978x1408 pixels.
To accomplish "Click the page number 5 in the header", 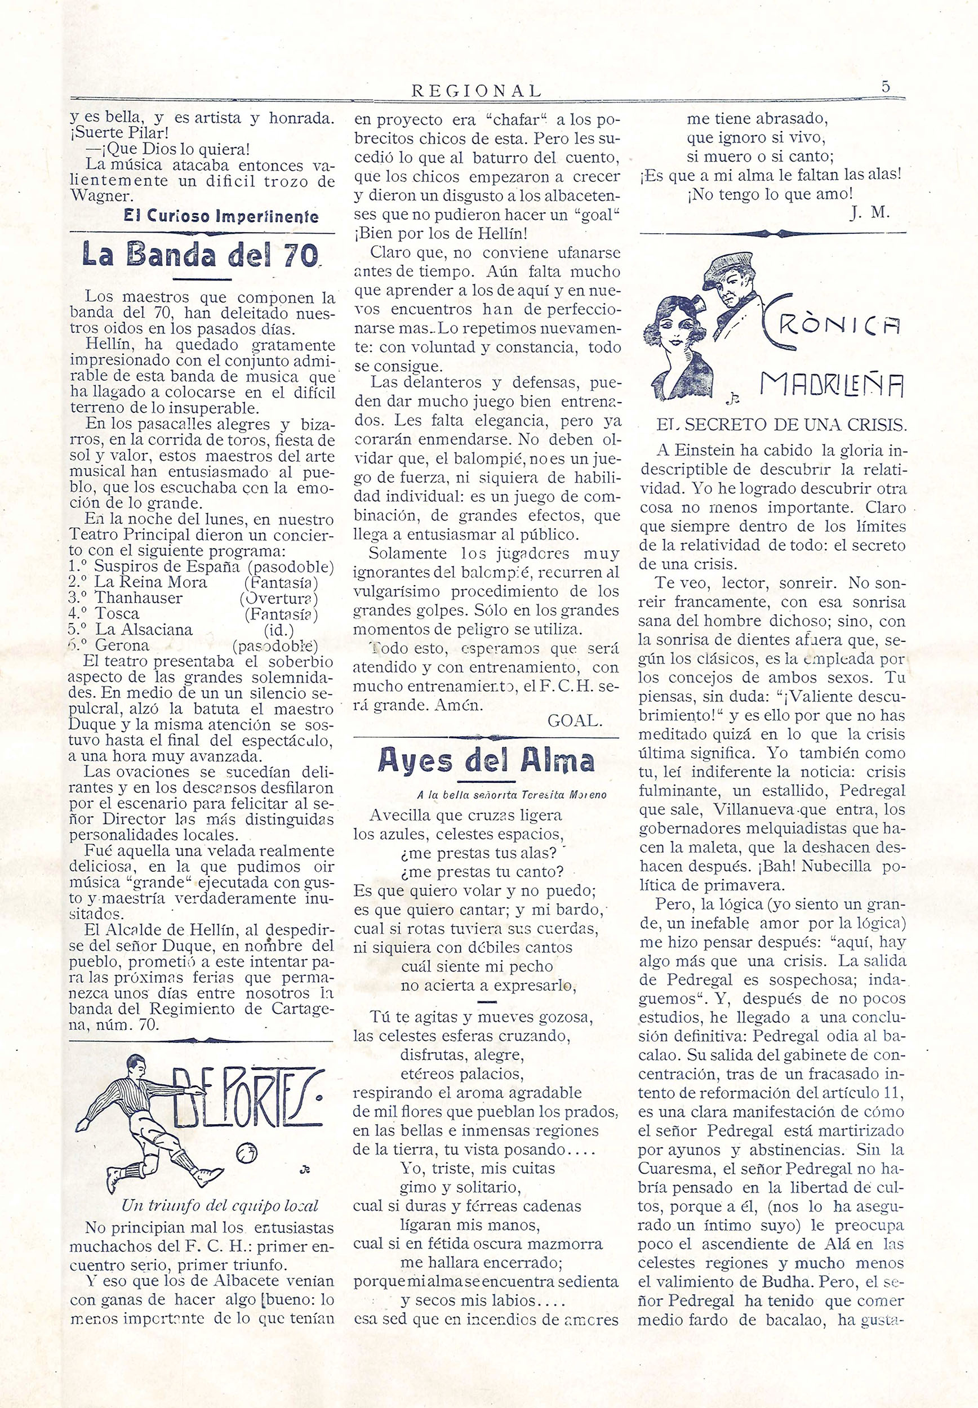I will coord(886,86).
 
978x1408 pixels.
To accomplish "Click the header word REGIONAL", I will coord(477,91).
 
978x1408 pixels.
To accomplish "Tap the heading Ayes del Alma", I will coord(487,760).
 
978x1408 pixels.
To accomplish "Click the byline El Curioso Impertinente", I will coord(221,216).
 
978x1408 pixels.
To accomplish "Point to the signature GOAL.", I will coord(575,721).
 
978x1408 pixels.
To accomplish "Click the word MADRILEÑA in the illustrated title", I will coord(832,385).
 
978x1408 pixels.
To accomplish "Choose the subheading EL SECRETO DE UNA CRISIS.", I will coord(781,425).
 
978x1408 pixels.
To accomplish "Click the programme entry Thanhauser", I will coord(139,598).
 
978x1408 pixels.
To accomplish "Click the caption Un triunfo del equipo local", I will coord(220,1205).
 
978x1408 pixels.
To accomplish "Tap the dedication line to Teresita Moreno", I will coord(511,795).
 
